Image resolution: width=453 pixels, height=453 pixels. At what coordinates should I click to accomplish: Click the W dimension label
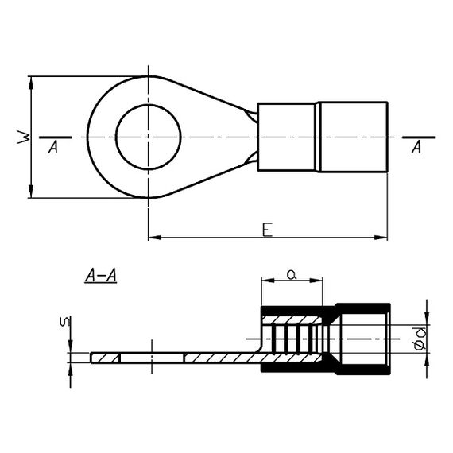pos(23,137)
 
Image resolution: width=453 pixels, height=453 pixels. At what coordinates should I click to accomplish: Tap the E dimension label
pos(268,230)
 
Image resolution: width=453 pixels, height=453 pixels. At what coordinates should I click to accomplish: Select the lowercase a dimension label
pos(292,274)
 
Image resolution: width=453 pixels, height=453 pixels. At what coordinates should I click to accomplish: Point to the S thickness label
pos(65,322)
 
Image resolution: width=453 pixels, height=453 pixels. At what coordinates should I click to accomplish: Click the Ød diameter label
pos(420,338)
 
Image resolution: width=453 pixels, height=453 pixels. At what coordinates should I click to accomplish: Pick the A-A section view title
pos(101,275)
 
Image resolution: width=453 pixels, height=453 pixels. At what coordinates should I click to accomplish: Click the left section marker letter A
pos(53,147)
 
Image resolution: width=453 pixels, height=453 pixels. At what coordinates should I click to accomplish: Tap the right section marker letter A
pos(416,147)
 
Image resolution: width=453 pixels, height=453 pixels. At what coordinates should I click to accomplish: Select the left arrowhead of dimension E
pos(154,238)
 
